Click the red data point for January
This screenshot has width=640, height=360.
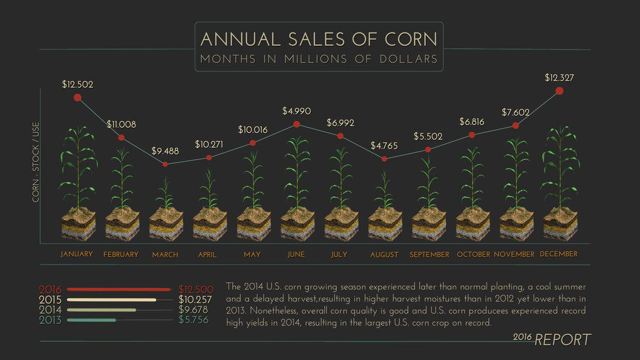(x=78, y=97)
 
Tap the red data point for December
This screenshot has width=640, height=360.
(x=560, y=91)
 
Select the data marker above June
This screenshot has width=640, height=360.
(x=296, y=124)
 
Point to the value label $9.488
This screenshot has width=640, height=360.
(x=165, y=152)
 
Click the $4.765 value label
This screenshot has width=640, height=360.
(x=383, y=146)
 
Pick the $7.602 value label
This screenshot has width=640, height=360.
(x=515, y=113)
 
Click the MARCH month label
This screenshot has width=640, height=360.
(x=165, y=255)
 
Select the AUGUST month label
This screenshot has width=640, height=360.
(x=384, y=255)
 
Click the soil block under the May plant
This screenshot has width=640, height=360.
(x=252, y=223)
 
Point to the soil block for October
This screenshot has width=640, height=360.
(x=472, y=223)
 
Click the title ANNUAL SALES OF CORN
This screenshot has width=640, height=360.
(x=318, y=40)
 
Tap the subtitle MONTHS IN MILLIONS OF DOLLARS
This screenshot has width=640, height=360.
(x=318, y=59)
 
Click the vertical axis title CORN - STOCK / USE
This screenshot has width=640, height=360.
(x=36, y=164)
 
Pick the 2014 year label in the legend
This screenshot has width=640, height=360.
(x=50, y=310)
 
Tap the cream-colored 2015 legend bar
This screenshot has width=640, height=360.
(x=111, y=299)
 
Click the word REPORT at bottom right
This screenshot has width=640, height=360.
(x=562, y=340)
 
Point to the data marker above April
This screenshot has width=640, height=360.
(x=209, y=157)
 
